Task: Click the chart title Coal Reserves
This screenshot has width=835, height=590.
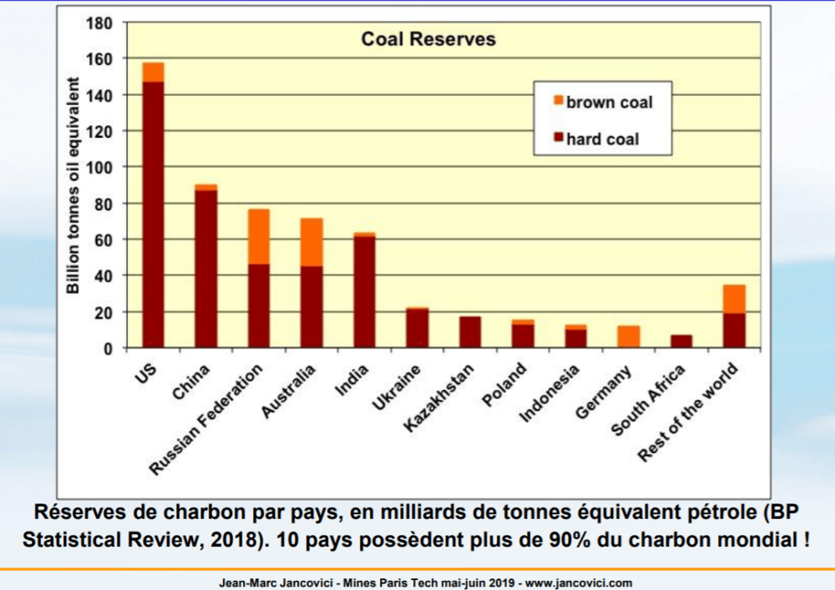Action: pyautogui.click(x=428, y=39)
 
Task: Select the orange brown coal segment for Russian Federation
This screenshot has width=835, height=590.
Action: pyautogui.click(x=259, y=236)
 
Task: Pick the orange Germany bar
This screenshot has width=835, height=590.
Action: pyautogui.click(x=629, y=336)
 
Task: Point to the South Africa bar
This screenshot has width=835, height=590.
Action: pyautogui.click(x=681, y=341)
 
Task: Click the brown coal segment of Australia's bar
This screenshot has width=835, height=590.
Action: pyautogui.click(x=311, y=242)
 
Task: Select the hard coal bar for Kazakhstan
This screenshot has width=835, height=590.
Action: pyautogui.click(x=470, y=332)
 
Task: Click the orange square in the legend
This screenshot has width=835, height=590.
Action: pyautogui.click(x=558, y=101)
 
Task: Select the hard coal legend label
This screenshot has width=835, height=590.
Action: pyautogui.click(x=602, y=139)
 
